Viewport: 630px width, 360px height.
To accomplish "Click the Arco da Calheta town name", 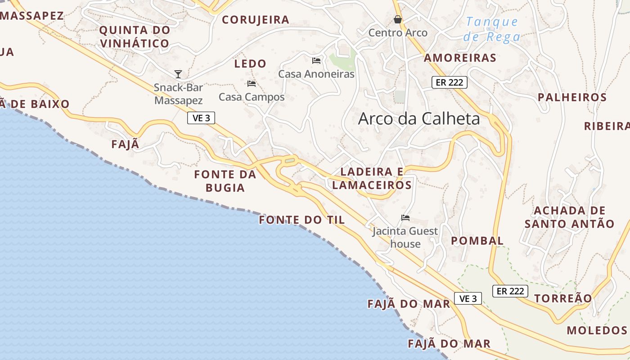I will pos(418,119).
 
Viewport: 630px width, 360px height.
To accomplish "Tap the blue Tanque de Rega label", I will pos(492,29).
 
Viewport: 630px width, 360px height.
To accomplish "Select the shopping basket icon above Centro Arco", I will pos(398,19).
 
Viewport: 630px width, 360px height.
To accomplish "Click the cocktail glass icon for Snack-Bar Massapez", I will pos(178,74).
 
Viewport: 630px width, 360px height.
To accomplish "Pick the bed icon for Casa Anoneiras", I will pos(316,60).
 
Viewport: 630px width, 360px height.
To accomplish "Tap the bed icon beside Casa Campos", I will pos(252,83).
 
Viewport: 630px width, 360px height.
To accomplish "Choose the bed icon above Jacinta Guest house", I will pos(405,218).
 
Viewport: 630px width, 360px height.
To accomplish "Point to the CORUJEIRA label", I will pos(255,20).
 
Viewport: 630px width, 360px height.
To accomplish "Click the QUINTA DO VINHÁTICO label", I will pos(135,37).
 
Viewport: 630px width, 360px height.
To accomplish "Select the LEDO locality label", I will pos(250,64).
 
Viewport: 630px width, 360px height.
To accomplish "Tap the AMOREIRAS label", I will pos(460,58).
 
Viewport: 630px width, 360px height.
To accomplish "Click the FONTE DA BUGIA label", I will pos(225,181).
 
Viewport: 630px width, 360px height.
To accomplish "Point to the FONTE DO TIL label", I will pos(302,220).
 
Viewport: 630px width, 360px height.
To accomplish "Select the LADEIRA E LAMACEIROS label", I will pos(372,178).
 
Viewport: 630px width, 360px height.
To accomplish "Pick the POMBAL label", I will pos(477,241).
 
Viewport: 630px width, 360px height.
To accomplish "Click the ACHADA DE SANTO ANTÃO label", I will pos(569,217).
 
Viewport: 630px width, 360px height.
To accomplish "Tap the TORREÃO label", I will pos(563,298).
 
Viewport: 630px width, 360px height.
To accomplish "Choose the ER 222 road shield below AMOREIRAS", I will pos(450,82).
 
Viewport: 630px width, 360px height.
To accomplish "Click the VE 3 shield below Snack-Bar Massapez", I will pos(201,118).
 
